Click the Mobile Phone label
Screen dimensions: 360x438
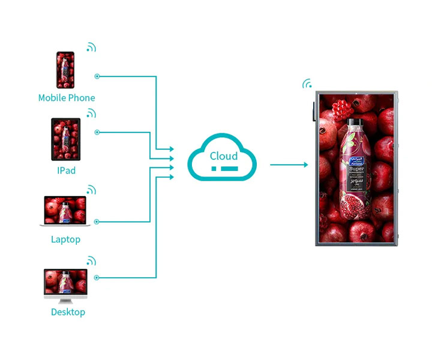66,98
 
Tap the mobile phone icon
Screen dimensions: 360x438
65,70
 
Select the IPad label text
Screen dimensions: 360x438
66,170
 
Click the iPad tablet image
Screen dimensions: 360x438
66,139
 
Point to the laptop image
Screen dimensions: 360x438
65,211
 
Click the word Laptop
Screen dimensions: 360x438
65,239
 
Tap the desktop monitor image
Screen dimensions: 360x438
65,286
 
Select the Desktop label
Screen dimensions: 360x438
68,312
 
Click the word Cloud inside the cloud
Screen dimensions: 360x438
223,156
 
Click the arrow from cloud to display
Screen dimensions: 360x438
289,164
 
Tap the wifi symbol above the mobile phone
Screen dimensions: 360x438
91,47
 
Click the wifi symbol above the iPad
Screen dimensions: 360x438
91,113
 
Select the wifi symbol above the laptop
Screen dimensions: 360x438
91,190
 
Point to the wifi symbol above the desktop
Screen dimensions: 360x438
91,261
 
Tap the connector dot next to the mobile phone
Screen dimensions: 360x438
97,76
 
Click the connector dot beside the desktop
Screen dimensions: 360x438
97,277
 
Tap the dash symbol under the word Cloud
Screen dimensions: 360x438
223,170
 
